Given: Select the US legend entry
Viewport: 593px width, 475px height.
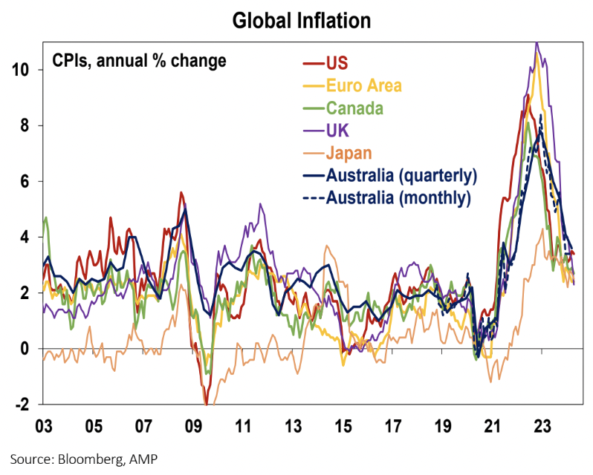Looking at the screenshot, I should click(337, 61).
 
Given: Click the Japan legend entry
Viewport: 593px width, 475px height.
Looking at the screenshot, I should click(349, 153).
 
